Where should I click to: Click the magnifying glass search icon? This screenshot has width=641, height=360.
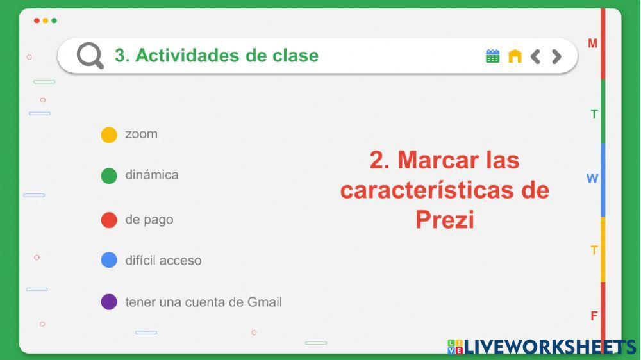click(90, 56)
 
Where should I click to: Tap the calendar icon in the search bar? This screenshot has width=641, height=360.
click(492, 56)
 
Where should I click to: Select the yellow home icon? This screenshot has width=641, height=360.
click(515, 56)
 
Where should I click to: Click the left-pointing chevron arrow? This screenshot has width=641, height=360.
click(536, 56)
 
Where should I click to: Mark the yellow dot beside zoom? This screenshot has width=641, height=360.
click(109, 135)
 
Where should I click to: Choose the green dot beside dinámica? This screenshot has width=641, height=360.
click(109, 176)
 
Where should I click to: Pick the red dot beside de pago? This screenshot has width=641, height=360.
click(109, 220)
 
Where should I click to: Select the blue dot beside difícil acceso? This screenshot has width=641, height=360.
click(109, 260)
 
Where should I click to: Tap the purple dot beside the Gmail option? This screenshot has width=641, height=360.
click(109, 302)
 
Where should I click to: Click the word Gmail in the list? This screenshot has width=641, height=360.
click(264, 302)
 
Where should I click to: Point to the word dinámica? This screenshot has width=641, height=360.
click(152, 175)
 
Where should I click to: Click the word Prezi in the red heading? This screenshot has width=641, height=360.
click(444, 220)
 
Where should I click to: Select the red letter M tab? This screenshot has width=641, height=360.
click(593, 44)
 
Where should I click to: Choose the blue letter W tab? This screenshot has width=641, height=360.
click(592, 178)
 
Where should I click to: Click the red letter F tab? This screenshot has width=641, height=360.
click(594, 315)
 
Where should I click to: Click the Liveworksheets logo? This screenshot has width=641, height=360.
click(542, 347)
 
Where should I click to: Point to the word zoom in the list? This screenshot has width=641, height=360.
click(142, 134)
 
